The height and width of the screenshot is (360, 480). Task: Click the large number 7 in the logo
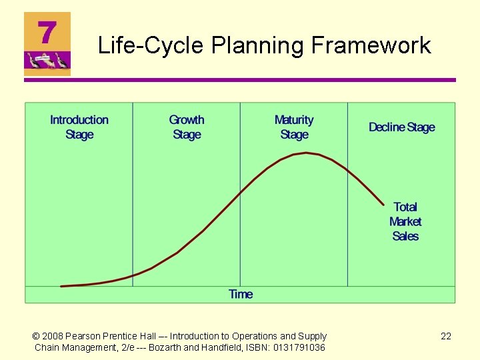[x=47, y=31]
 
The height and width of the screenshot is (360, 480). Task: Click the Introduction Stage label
[x=79, y=127]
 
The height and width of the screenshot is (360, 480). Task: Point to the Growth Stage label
[x=187, y=127]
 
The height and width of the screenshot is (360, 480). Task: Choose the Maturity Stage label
[x=294, y=127]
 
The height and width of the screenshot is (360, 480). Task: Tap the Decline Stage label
[x=401, y=127]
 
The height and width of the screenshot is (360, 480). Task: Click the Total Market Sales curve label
[x=405, y=221]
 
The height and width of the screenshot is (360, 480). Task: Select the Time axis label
[x=241, y=294]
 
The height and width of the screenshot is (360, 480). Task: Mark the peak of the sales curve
[x=306, y=153]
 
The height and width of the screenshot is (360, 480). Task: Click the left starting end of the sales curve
[x=61, y=286]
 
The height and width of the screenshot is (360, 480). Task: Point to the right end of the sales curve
[x=383, y=204]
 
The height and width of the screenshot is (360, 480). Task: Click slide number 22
[x=446, y=336]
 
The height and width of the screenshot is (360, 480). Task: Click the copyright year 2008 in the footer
[x=54, y=336]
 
